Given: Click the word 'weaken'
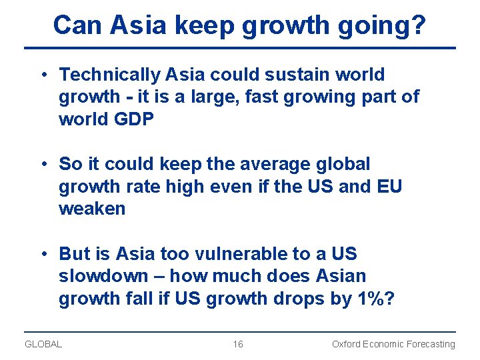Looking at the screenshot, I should [x=92, y=209].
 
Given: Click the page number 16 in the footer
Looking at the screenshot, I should [x=238, y=344].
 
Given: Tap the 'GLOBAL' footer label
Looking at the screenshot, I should [x=43, y=344].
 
